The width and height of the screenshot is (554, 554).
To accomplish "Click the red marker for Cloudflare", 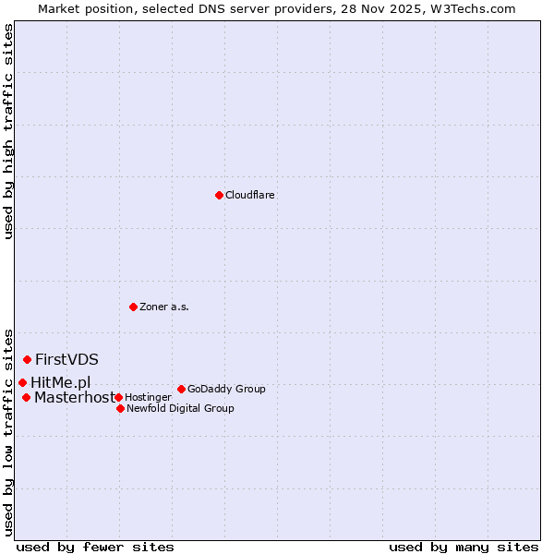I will [x=219, y=195].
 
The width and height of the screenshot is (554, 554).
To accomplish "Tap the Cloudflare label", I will [x=249, y=195].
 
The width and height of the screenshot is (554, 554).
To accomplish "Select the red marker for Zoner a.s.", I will [x=133, y=307].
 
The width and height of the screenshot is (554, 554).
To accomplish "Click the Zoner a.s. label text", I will [x=164, y=307].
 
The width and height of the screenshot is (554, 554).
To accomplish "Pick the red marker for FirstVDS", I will [x=27, y=359].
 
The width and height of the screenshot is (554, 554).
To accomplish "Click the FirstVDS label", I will [x=66, y=359].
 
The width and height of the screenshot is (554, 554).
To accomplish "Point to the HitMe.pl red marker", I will [x=22, y=382].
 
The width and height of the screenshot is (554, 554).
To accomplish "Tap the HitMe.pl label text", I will [x=60, y=382].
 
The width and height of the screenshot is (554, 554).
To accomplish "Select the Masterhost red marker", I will [x=26, y=397].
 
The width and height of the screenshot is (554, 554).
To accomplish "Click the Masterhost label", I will [x=74, y=398].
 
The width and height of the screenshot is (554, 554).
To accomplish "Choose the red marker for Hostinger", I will [x=118, y=397].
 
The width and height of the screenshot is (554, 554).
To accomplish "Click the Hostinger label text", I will [x=148, y=397].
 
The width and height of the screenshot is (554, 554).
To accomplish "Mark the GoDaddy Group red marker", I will [x=181, y=389].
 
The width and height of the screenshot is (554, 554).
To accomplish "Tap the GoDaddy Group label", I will [x=226, y=389].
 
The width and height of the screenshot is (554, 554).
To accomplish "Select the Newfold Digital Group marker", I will [x=120, y=408].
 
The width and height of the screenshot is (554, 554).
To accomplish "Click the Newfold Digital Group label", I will [x=180, y=408].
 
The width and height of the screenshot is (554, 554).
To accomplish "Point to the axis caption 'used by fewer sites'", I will [x=95, y=547].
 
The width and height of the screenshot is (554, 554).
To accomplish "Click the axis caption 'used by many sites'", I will [x=464, y=547].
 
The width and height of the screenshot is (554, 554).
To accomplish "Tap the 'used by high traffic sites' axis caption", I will [x=8, y=131].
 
